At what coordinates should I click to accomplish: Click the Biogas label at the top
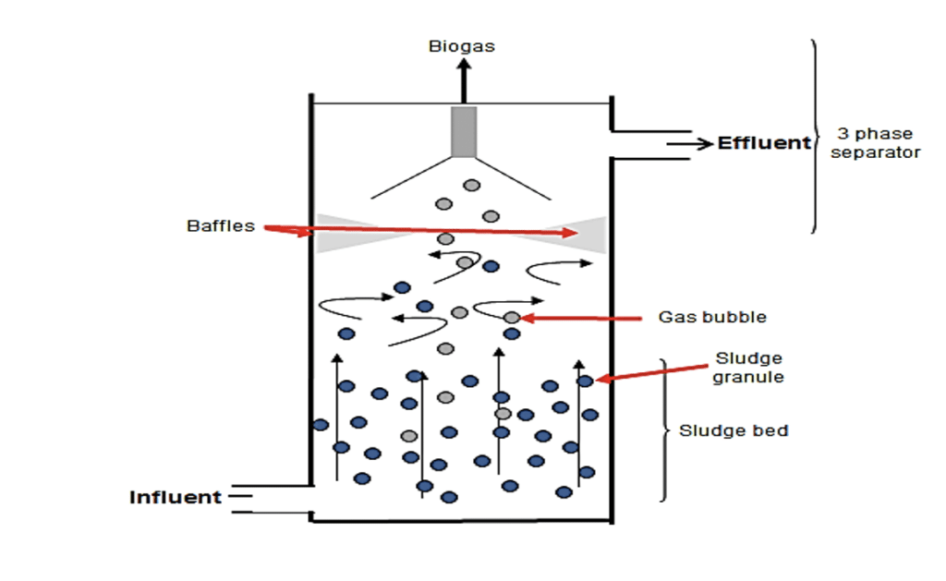[461, 46]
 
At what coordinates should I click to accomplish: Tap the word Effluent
[764, 143]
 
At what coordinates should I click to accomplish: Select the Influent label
[176, 497]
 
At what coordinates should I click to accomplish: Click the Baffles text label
[220, 225]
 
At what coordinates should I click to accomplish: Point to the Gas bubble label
[711, 317]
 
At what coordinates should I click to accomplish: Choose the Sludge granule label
[747, 368]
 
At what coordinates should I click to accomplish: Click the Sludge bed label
[734, 430]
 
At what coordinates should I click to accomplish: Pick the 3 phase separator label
[874, 143]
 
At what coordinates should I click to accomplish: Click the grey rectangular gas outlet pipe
[464, 130]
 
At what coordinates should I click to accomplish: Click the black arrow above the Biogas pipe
[464, 79]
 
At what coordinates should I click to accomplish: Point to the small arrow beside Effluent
[690, 144]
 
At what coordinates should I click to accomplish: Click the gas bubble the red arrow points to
[512, 318]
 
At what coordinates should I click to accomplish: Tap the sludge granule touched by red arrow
[585, 381]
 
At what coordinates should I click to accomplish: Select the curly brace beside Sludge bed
[663, 430]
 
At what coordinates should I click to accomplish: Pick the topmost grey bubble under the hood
[472, 185]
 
